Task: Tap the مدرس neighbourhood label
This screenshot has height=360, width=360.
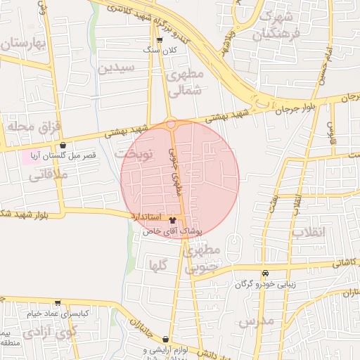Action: [x=255, y=323]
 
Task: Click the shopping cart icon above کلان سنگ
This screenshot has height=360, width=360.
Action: [x=168, y=40]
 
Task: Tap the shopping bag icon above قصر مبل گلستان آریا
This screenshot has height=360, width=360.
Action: [x=63, y=145]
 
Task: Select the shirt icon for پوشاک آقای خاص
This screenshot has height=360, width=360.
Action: [x=174, y=220]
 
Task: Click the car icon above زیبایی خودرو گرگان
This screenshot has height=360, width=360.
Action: [x=265, y=273]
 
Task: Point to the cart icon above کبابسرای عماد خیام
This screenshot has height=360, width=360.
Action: [x=58, y=303]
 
